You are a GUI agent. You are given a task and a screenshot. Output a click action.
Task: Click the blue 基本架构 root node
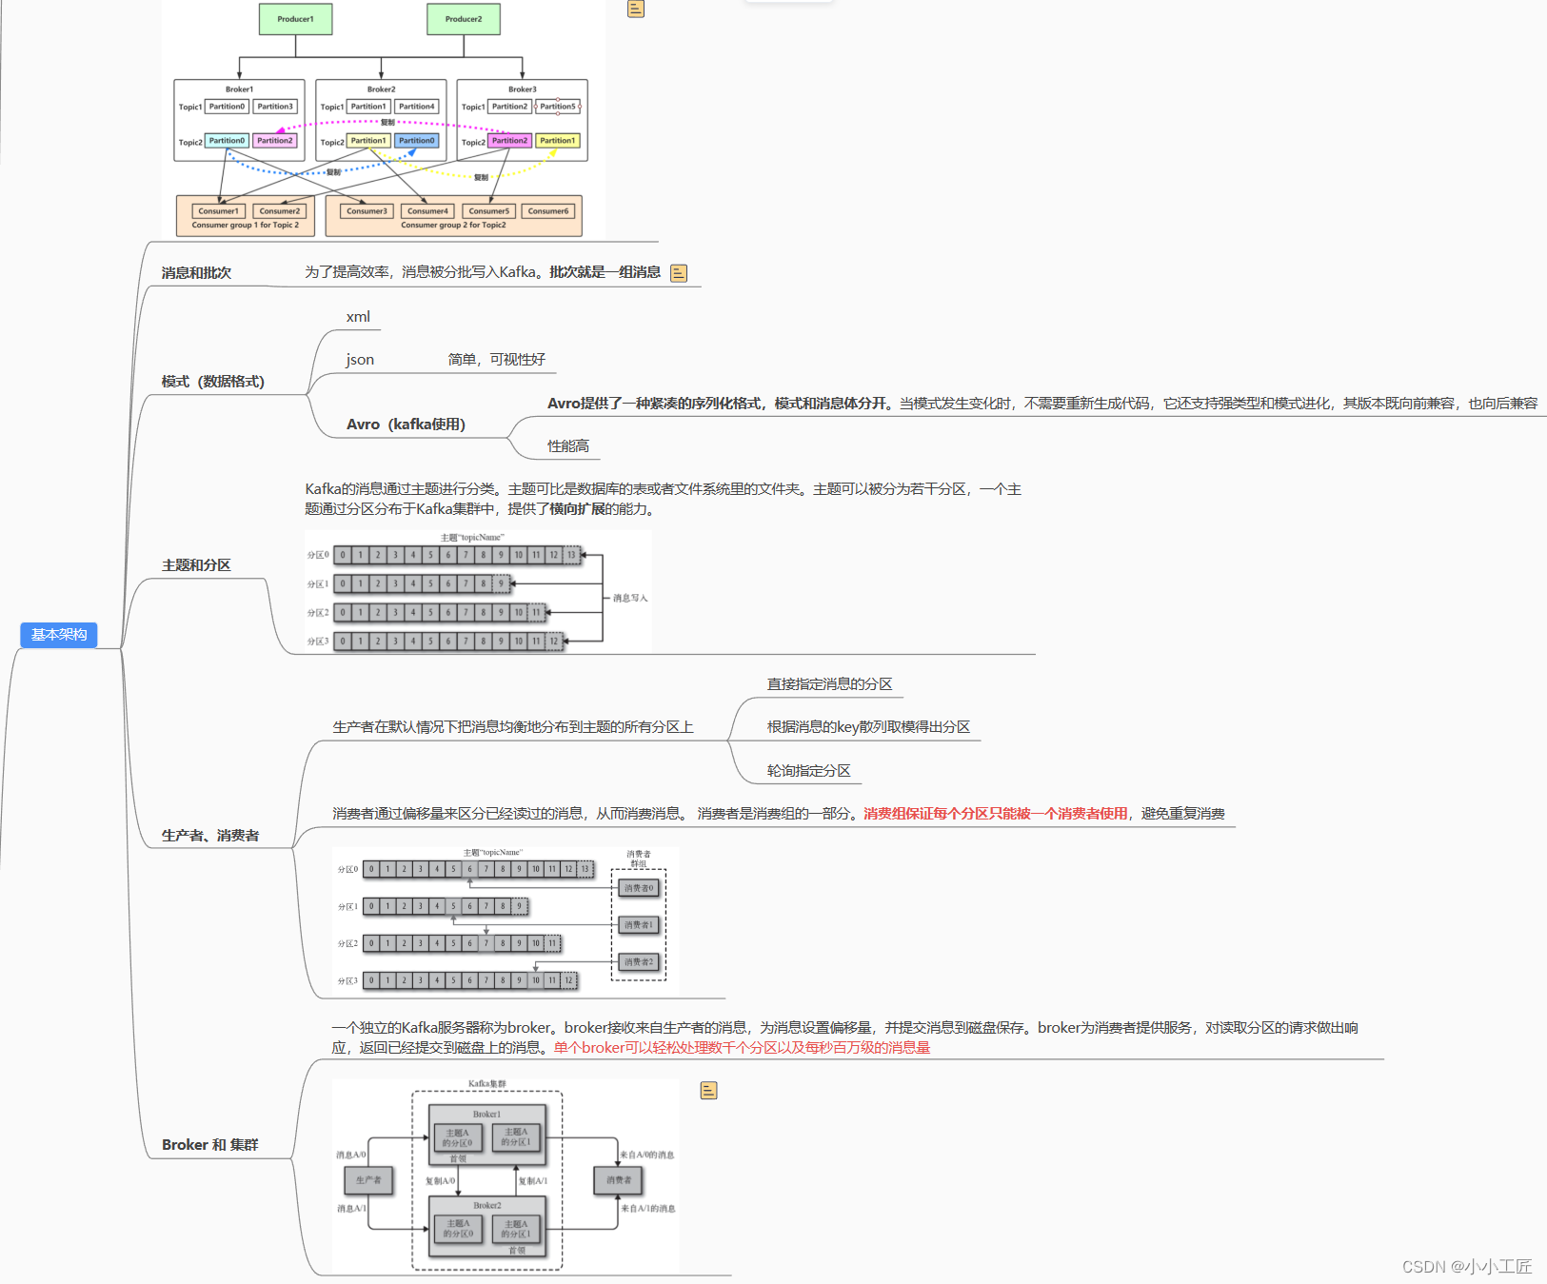(59, 635)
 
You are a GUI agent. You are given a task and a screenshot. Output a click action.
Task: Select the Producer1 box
(295, 19)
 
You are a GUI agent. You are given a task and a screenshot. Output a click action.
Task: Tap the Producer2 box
(464, 19)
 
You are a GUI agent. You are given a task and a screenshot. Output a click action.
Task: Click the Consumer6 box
(548, 211)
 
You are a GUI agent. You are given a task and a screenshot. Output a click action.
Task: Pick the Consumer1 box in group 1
(219, 211)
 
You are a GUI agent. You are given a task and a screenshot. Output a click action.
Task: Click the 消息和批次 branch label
(196, 273)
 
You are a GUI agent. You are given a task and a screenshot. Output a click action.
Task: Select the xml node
(358, 317)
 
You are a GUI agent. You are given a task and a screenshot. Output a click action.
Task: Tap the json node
(360, 360)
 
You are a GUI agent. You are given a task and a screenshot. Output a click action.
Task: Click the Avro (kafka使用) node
(406, 425)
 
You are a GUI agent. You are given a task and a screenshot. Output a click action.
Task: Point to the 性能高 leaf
(568, 446)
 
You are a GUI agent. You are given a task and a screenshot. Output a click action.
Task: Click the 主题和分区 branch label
(196, 565)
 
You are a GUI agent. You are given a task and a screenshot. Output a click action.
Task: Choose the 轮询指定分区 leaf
(809, 771)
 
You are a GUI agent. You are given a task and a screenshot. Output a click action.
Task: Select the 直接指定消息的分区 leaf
(829, 684)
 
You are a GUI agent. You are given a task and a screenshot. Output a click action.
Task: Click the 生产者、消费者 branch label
(210, 836)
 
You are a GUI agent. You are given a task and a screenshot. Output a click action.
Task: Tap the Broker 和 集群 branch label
(210, 1145)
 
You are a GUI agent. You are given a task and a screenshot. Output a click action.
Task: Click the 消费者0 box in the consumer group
(639, 888)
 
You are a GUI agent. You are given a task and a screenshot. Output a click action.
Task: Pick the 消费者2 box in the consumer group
(639, 962)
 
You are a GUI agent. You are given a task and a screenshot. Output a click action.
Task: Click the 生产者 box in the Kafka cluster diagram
(368, 1180)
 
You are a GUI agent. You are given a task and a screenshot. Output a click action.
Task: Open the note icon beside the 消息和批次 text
(679, 273)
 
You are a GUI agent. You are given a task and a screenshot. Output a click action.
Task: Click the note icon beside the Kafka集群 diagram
(708, 1091)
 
